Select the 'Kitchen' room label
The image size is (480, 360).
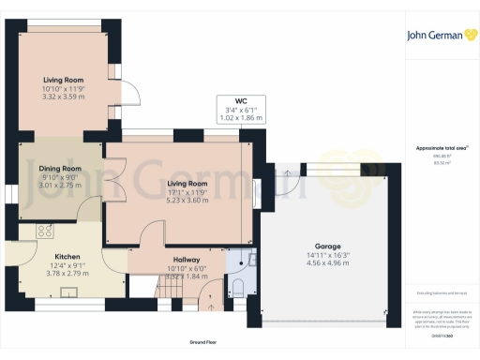(x=67, y=256)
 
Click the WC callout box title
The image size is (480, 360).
(x=241, y=101)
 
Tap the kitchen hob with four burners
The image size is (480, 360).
(x=44, y=231)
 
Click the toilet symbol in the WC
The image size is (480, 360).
(x=237, y=286)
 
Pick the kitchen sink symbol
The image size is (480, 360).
(x=68, y=292)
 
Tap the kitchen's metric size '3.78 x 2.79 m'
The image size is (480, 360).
(x=67, y=275)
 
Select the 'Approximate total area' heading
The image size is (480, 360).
(x=442, y=148)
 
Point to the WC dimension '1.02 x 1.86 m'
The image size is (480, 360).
(x=241, y=119)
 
